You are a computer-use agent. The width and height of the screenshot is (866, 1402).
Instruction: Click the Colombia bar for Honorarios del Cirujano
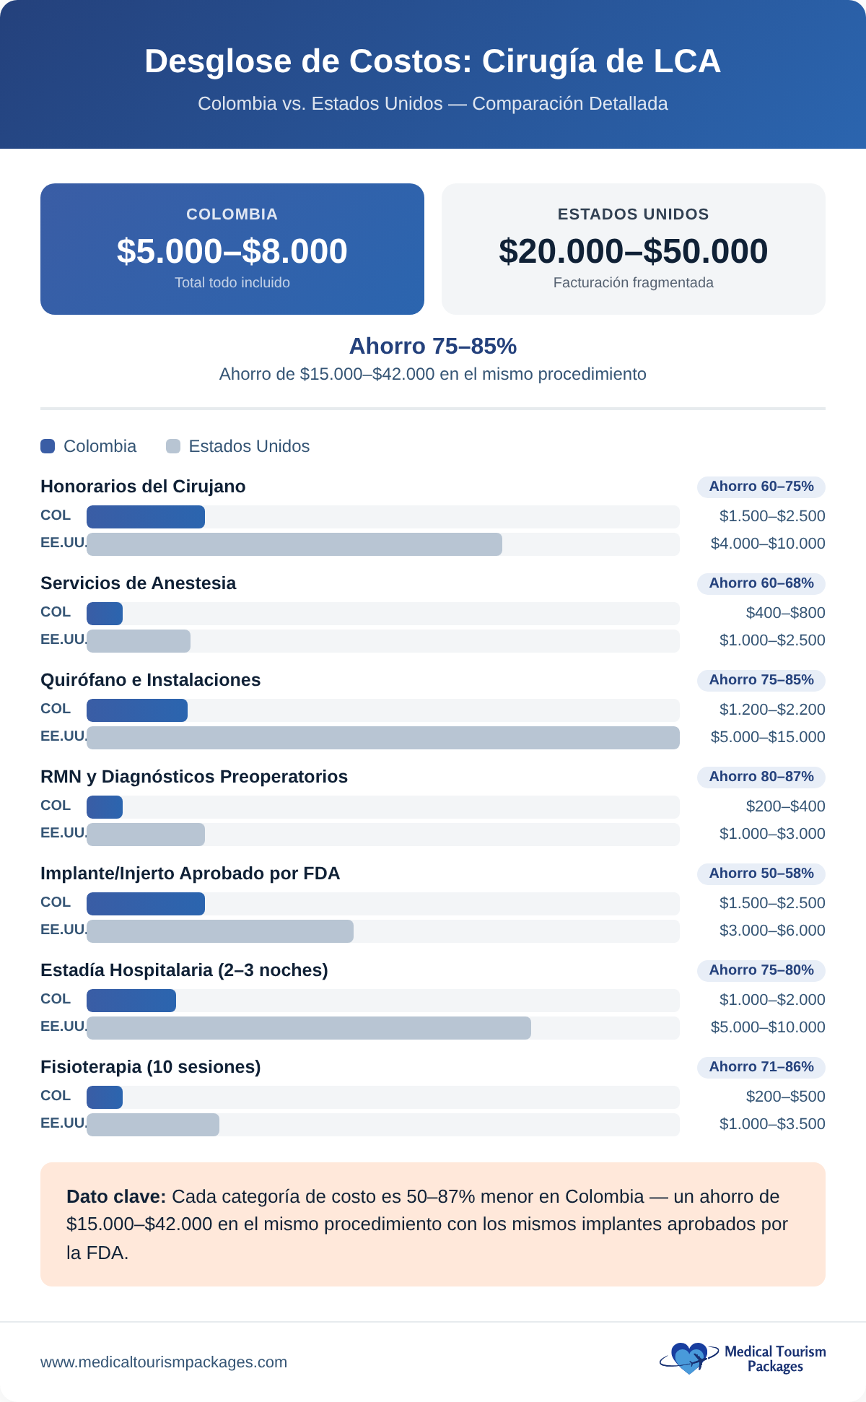pos(146,517)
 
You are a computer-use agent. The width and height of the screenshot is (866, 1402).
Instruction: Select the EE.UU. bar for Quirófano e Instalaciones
pos(382,738)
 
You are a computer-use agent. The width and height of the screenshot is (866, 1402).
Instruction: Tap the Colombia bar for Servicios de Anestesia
pos(105,614)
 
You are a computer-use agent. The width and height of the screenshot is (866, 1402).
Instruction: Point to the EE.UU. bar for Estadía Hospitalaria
pos(309,1028)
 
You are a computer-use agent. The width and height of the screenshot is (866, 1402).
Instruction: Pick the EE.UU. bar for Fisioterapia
pos(153,1125)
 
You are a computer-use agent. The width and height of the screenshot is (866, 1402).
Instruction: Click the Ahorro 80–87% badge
pos(761,777)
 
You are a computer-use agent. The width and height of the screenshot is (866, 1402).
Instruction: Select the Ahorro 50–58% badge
pos(761,874)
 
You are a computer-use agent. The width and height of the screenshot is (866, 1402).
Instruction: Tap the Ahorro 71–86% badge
pos(761,1067)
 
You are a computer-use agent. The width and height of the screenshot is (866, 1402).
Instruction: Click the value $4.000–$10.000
pos(767,544)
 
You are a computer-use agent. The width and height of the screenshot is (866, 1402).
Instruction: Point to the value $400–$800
pos(785,613)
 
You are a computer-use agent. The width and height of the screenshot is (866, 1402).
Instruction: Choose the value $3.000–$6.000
pos(771,931)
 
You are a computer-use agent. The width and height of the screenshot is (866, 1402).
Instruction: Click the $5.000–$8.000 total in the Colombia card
pos(232,251)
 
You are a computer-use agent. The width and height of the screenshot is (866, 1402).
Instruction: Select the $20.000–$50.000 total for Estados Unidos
pos(633,251)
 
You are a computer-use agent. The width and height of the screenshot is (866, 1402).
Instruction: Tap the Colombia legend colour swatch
pos(48,446)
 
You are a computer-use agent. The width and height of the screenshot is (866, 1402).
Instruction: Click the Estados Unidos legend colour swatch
pos(173,446)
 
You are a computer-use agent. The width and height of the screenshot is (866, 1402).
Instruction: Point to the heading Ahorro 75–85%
pos(433,347)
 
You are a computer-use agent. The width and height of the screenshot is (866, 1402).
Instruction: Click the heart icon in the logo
pos(689,1358)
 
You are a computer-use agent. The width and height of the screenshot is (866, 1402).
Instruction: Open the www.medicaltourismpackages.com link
pos(164,1362)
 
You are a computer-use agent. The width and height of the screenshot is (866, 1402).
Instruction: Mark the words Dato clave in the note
pos(115,1197)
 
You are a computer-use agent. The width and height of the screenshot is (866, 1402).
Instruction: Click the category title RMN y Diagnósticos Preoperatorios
pos(194,777)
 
